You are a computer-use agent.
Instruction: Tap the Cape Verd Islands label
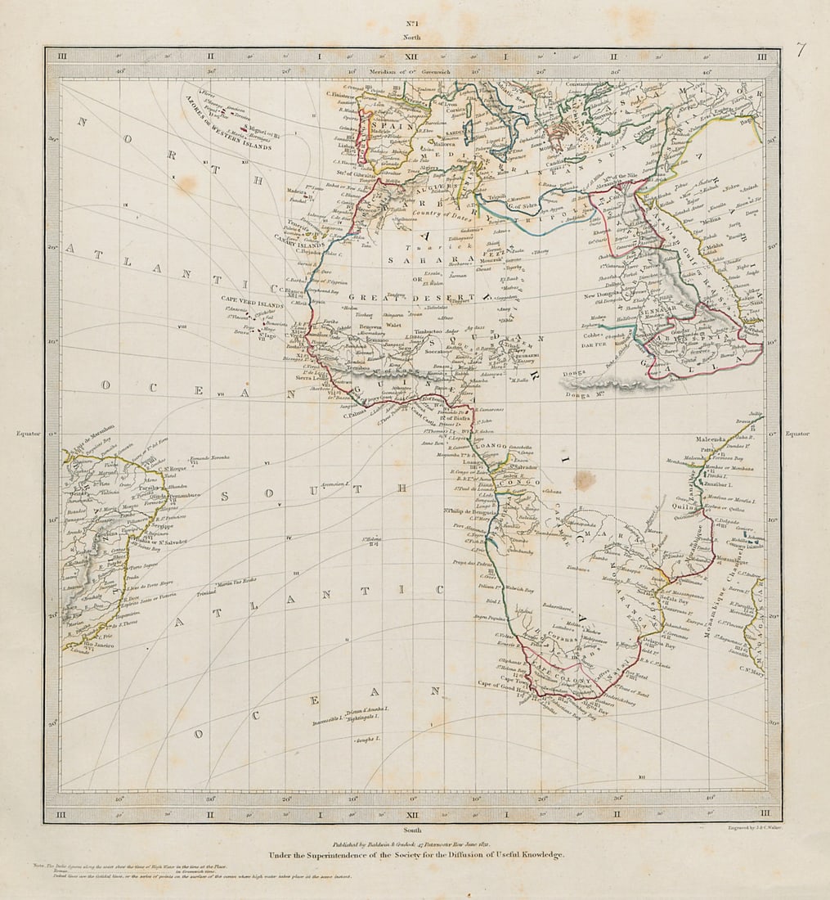tap(251, 299)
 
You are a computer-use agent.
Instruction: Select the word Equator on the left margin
tap(28, 434)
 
